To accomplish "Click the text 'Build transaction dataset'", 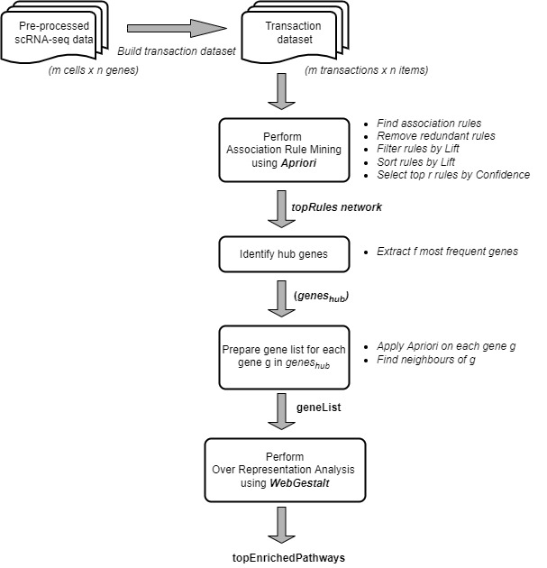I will [x=177, y=50].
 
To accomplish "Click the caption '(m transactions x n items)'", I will [x=366, y=71].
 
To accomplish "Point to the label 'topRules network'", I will [x=336, y=207].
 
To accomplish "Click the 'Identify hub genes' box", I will [x=284, y=253].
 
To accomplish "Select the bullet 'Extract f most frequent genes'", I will [x=447, y=251].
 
